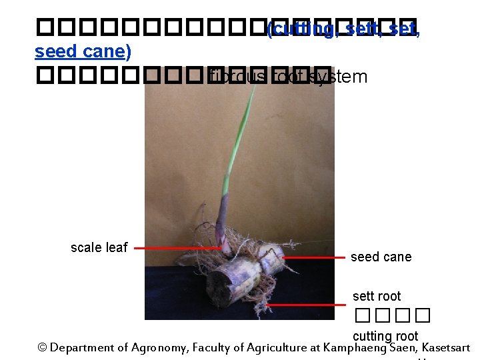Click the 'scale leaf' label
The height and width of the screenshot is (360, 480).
click(99, 247)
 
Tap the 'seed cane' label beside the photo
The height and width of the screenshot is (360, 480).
click(381, 257)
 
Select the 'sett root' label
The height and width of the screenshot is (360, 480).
click(377, 296)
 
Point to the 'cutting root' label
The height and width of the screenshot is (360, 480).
click(385, 336)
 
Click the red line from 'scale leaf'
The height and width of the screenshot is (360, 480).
click(177, 248)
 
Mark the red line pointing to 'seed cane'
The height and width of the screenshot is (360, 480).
click(313, 257)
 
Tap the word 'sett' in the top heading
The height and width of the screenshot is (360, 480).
click(363, 29)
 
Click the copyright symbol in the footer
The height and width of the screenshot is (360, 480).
click(43, 347)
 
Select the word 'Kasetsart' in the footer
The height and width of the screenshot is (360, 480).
click(446, 347)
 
